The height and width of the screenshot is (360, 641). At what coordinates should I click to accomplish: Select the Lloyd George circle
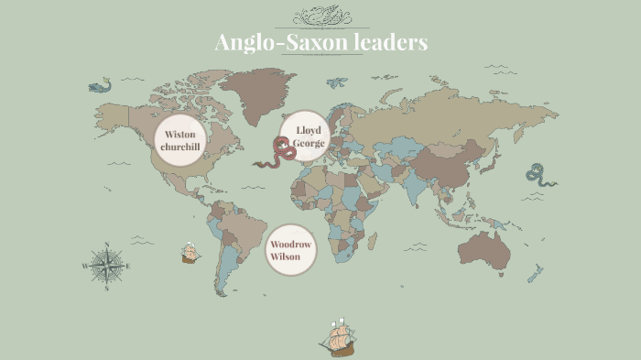303,136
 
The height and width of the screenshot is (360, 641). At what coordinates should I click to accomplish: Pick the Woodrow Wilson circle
291,250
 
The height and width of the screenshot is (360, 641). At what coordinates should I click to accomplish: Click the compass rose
108,267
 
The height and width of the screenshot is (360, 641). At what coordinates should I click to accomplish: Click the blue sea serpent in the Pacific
540,174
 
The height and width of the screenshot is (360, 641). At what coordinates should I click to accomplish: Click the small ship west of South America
190,253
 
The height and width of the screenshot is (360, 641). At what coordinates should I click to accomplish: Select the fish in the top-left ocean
98,85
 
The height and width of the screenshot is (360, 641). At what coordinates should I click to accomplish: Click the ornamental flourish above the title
320,16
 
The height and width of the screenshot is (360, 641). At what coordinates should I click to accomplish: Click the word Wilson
285,257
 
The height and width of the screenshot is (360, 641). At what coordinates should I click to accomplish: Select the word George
309,144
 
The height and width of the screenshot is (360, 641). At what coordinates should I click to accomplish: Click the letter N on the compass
108,245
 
